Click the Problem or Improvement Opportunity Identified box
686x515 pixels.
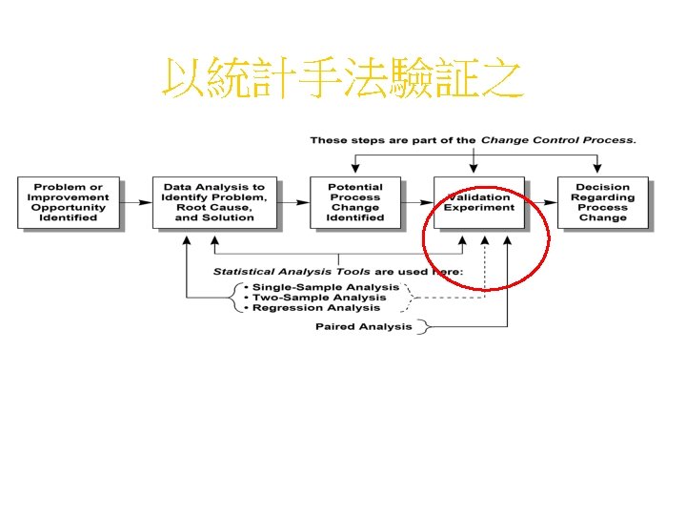coord(68,202)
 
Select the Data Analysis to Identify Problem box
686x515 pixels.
coord(214,202)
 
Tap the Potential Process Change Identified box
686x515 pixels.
coord(355,202)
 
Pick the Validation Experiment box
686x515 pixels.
coord(478,202)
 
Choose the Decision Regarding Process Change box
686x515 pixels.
coord(603,202)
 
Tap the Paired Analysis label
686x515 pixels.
coord(364,327)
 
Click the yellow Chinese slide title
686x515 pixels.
coord(343,80)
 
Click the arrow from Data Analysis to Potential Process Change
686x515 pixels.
coord(293,202)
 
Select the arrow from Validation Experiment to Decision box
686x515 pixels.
coord(540,202)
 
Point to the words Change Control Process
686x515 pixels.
coord(557,140)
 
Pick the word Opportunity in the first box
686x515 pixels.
coord(68,207)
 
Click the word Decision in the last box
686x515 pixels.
coord(603,187)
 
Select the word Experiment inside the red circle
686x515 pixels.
coord(478,208)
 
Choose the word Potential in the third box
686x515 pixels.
coord(355,187)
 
